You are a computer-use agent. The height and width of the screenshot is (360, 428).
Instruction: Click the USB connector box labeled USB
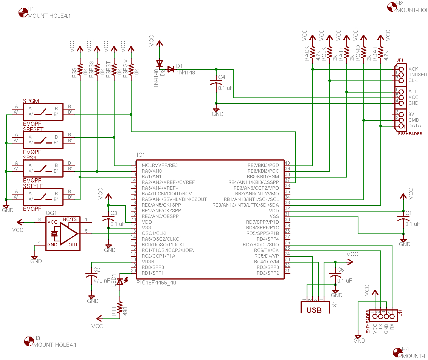[x=314, y=309]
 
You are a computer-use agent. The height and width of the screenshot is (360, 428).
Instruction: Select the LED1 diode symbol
[x=120, y=282]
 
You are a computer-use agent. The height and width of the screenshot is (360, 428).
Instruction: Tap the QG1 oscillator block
[x=63, y=234]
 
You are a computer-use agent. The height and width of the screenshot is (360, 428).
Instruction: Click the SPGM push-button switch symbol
[x=43, y=112]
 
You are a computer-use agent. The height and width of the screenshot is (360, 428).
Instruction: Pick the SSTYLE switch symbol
[x=43, y=197]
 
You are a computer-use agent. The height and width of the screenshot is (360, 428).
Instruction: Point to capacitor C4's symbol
[x=216, y=83]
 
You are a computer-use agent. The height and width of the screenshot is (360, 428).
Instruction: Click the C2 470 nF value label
[x=102, y=281]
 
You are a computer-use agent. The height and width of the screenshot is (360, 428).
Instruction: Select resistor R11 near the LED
[x=120, y=308]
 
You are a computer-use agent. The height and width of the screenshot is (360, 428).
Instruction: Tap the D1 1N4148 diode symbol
[x=171, y=69]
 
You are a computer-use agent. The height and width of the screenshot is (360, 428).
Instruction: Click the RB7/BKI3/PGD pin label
[x=263, y=165]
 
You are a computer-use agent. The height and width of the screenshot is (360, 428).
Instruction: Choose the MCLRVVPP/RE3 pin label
[x=160, y=165]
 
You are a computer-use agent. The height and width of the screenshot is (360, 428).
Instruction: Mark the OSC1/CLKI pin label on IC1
[x=154, y=233]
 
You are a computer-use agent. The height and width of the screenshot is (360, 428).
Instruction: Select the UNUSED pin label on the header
[x=417, y=75]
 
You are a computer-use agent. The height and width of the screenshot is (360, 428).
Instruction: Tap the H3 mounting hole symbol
[x=28, y=341]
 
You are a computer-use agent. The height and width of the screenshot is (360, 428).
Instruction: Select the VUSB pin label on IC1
[x=149, y=261]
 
